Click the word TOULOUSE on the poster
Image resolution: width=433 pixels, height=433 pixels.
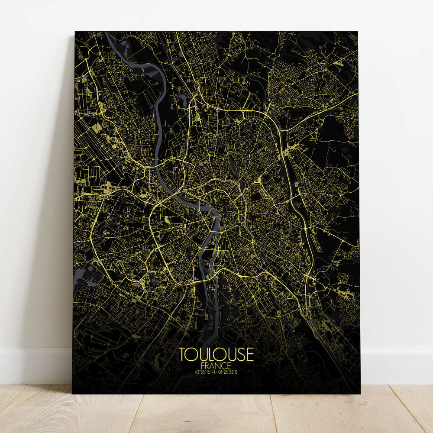click(x=216, y=354)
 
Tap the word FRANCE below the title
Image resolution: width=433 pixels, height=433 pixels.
click(x=216, y=365)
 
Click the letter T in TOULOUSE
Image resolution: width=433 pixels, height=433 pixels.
click(x=182, y=354)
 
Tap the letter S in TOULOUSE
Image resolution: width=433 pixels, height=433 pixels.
click(x=239, y=354)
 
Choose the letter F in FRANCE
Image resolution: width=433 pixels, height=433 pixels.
click(x=204, y=365)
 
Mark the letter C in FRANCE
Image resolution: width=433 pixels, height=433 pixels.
click(x=224, y=365)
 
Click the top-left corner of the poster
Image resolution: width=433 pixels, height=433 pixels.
click(x=75, y=32)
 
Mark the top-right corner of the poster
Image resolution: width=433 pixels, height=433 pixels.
click(x=358, y=32)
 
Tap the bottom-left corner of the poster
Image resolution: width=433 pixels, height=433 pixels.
click(x=72, y=394)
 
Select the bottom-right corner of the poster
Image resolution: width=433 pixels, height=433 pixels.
click(x=360, y=394)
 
